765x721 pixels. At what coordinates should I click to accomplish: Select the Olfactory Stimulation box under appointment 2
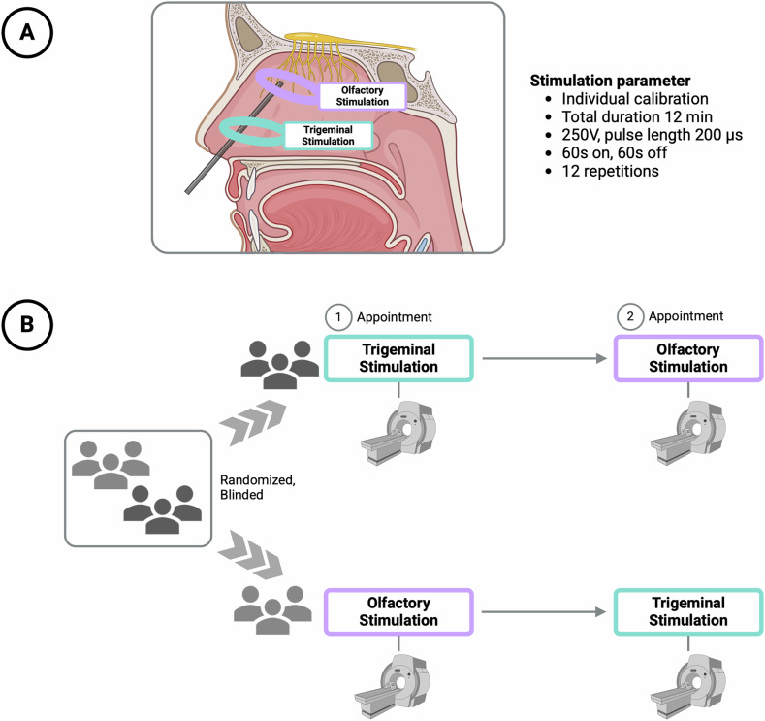pyautogui.click(x=688, y=358)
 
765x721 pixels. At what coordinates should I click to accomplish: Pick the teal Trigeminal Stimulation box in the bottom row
pyautogui.click(x=688, y=612)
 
